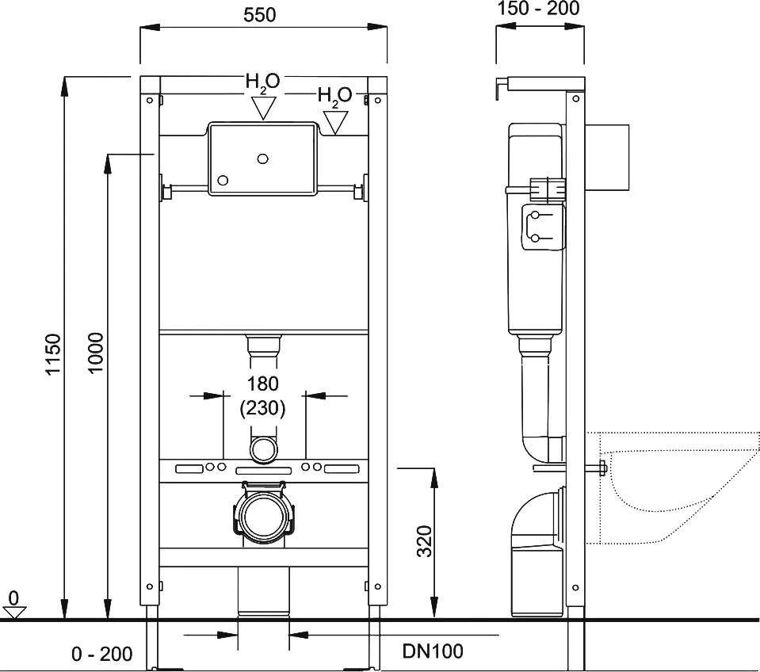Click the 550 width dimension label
(x=259, y=15)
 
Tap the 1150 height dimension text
(x=53, y=353)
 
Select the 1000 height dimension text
(x=96, y=352)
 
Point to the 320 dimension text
(x=424, y=540)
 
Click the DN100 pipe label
(x=433, y=651)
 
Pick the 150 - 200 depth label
(x=538, y=8)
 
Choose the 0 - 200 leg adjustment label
(x=101, y=654)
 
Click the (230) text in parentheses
(x=262, y=408)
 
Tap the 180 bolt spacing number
(x=262, y=384)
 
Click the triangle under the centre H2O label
(x=264, y=107)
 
